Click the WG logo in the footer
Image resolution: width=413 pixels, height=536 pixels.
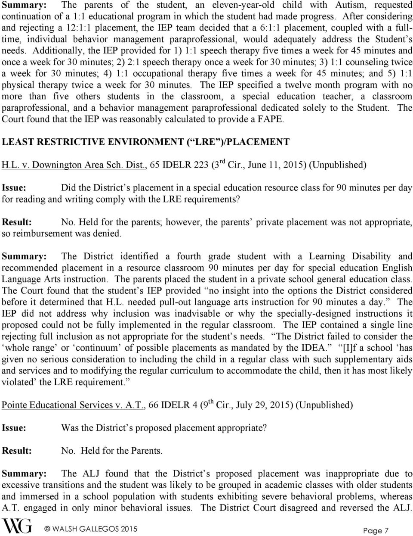17,526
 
